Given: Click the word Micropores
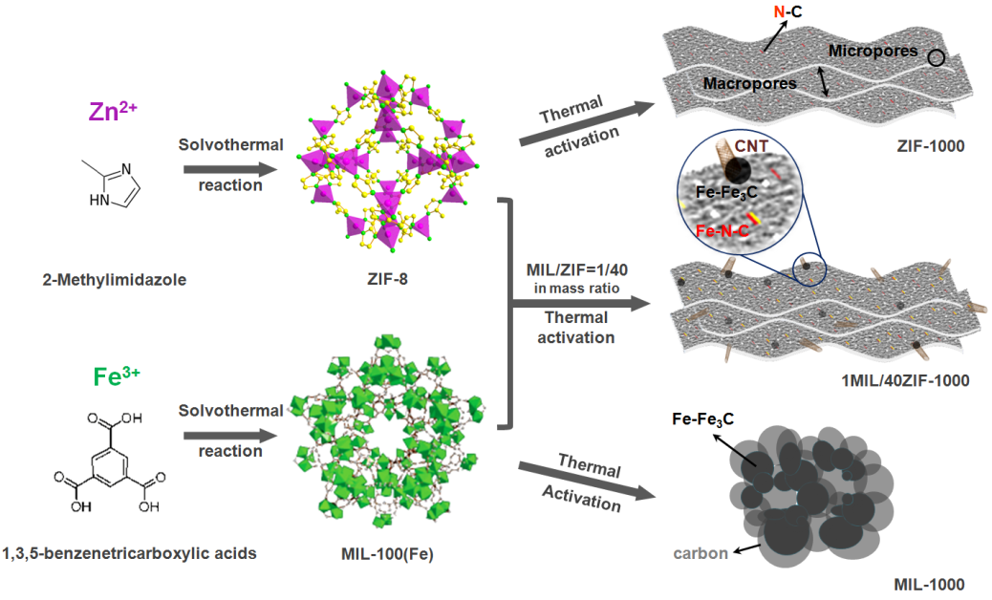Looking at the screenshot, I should pyautogui.click(x=873, y=50).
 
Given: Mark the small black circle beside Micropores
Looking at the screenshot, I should pyautogui.click(x=938, y=59).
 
